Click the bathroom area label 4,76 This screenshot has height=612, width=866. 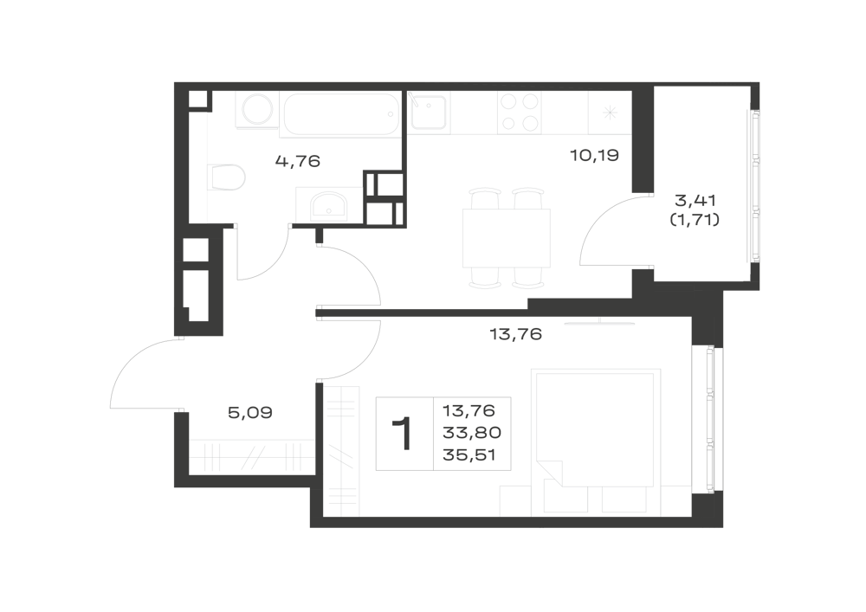tap(298, 161)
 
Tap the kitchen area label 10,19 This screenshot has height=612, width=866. tap(594, 155)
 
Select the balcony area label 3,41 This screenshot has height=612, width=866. tap(695, 199)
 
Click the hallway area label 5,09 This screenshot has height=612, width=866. tap(250, 412)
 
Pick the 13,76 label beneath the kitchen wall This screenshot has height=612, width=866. tap(516, 334)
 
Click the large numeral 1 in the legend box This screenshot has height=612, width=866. tap(403, 435)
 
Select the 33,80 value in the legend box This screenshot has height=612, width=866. tap(472, 433)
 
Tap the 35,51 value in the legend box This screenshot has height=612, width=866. tap(469, 455)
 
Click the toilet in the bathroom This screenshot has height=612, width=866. tap(226, 177)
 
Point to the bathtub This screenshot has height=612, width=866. tap(340, 114)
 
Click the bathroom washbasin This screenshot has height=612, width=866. tap(328, 205)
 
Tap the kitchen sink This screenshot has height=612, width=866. tap(430, 112)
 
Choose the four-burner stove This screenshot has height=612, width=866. tap(520, 113)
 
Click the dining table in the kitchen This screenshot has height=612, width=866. tap(507, 238)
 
